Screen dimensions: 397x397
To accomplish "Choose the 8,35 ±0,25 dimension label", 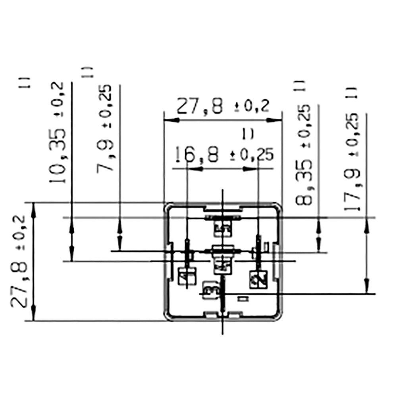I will [305, 155].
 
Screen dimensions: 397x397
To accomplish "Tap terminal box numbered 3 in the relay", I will [209, 289].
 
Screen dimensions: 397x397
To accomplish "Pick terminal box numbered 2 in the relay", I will [256, 279].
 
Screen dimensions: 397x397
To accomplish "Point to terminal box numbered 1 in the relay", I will [186, 277].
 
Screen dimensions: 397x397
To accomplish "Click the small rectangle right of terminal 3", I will [242, 299].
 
